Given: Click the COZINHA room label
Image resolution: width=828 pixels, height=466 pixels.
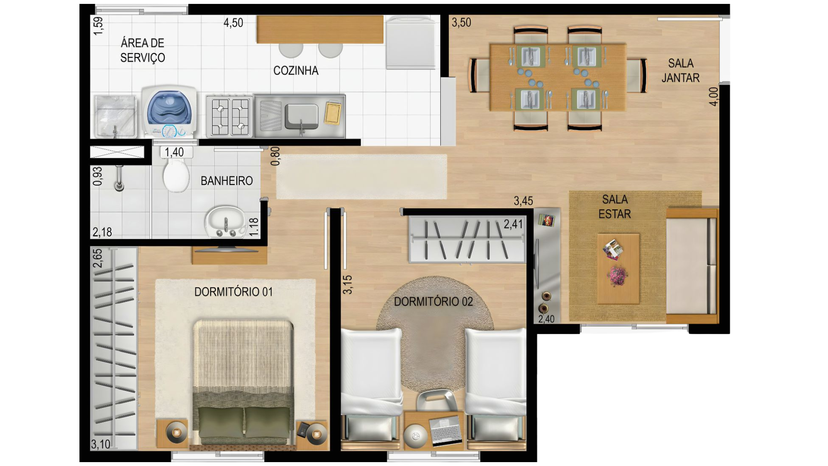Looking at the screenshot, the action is tap(296, 71).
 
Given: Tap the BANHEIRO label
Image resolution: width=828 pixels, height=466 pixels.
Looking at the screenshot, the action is tap(227, 181).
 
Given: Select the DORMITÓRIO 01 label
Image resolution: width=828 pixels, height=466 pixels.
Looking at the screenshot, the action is tap(233, 292).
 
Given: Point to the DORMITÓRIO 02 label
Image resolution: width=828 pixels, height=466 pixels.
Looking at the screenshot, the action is tap(433, 302).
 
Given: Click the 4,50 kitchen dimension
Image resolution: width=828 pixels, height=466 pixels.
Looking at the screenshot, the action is tap(233, 23).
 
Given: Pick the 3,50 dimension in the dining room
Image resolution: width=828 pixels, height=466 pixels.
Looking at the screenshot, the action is tap(461, 22).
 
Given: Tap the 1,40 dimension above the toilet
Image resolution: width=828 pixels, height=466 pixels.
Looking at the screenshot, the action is tap(174, 152).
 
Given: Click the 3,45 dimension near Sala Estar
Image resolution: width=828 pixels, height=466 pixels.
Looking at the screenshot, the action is tap(523, 201).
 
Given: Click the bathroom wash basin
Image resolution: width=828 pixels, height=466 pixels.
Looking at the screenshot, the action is tap(225, 222).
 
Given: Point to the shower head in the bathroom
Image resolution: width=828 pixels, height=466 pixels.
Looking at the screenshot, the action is tap(119, 179).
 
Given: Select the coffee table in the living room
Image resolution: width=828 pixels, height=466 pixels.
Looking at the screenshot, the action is tap(618, 269).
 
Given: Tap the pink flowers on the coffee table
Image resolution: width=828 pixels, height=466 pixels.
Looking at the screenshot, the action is tap(617, 276).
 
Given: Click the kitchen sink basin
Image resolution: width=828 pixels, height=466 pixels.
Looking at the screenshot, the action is tap(301, 116).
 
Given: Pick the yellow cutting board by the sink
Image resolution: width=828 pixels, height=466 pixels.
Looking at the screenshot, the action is tap(332, 113).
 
